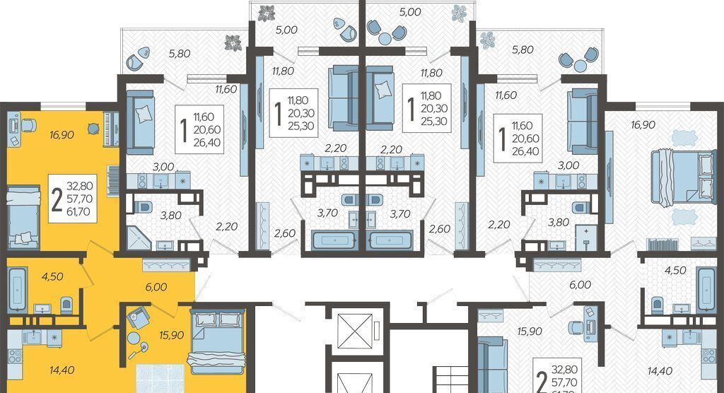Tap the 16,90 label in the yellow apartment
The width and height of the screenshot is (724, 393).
62,135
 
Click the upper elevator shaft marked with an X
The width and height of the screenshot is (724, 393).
355,331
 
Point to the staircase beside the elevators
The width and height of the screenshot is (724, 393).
450,379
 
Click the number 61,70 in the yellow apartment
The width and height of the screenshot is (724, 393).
78,212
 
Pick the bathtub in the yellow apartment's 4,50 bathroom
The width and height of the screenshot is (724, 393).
18,288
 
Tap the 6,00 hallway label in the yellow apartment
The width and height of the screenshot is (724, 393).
156,287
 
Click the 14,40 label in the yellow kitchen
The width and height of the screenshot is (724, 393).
62,370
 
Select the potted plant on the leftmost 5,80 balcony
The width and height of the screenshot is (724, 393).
233,43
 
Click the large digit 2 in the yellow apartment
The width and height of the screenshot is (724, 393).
57,200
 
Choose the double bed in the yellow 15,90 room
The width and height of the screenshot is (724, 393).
216,341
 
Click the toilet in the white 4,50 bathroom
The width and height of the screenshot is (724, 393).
657,305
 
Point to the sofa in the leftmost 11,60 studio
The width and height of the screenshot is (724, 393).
140,122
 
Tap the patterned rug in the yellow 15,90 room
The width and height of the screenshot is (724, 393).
160,379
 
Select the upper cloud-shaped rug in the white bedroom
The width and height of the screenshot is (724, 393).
684,138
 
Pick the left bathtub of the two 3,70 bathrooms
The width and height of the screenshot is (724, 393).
333,240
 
